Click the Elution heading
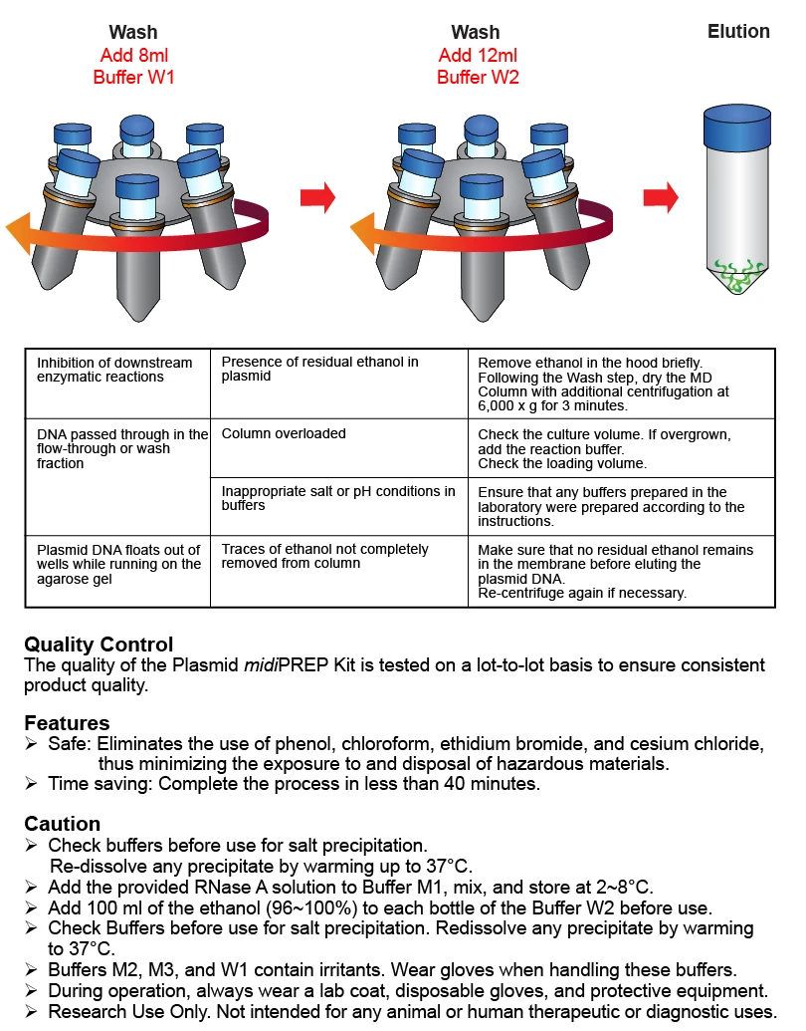(738, 32)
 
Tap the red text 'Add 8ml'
(134, 55)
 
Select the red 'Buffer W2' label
(478, 77)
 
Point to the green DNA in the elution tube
(737, 276)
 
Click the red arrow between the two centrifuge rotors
(318, 196)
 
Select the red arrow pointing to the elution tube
(661, 197)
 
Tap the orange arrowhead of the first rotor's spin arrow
(19, 233)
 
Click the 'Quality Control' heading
(99, 644)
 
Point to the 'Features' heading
(67, 723)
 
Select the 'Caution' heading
(63, 824)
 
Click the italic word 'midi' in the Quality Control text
(261, 664)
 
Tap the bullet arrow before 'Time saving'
(31, 784)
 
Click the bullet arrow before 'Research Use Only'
(31, 1011)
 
